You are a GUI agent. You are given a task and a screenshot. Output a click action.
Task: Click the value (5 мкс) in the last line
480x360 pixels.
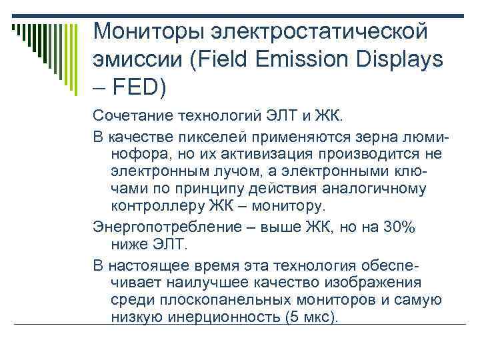tap(311, 317)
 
